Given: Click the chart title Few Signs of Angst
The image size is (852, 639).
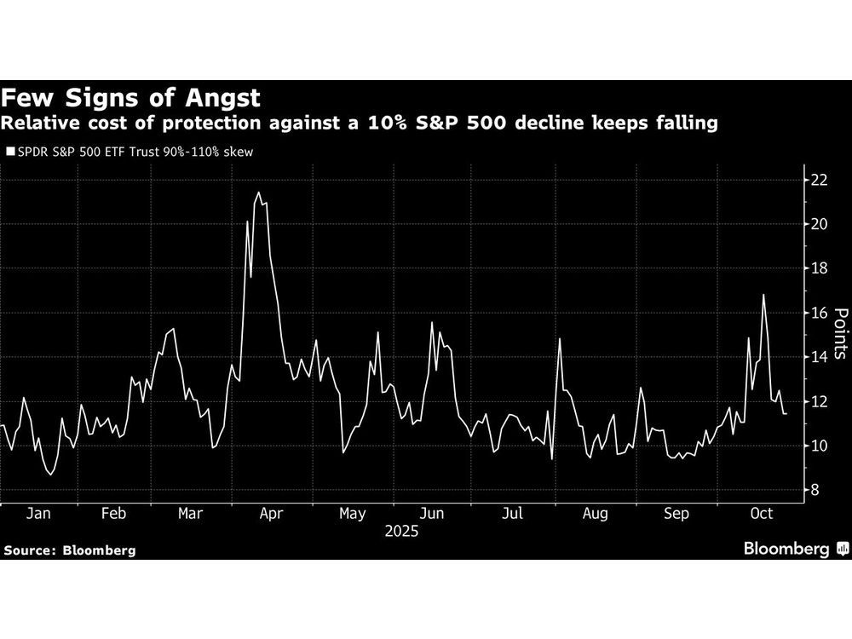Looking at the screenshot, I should (x=131, y=97).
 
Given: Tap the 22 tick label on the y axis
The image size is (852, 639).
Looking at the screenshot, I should (x=819, y=180).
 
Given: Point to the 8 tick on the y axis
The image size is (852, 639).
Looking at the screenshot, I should (x=815, y=490).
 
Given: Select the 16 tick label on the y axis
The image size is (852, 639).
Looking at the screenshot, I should (x=819, y=313).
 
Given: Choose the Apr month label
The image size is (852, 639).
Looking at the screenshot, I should (x=270, y=514).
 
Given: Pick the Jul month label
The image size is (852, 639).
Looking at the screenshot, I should (x=513, y=514).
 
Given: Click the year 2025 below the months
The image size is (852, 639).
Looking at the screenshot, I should (x=400, y=532).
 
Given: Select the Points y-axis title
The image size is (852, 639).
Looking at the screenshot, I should (x=838, y=334).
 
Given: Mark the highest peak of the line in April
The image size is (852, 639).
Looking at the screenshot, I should (x=258, y=193).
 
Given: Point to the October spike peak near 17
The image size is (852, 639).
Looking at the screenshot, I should (x=763, y=295).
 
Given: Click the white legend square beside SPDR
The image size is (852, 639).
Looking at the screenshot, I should (x=10, y=153).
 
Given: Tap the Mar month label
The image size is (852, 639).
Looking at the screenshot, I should (x=192, y=514).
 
